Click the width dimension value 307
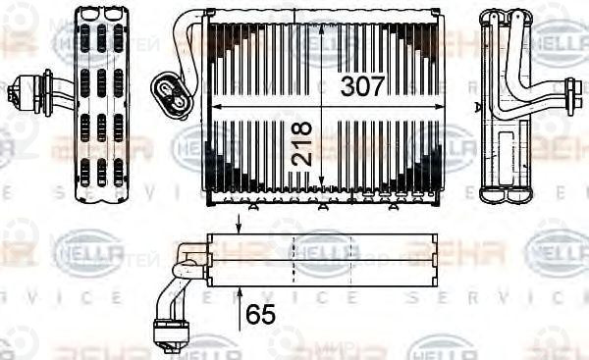[x=363, y=85]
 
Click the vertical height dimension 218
[x=301, y=142]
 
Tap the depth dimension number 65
[x=260, y=314]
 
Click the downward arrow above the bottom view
[x=239, y=226]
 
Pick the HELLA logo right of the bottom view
[x=556, y=253]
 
